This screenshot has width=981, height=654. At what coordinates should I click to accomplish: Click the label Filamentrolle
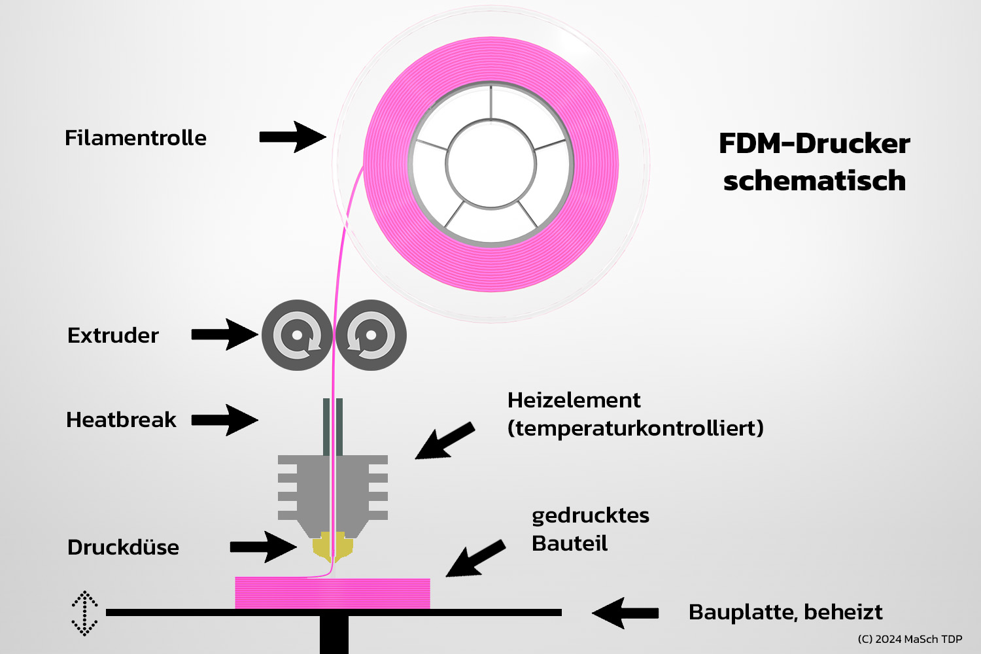tap(135, 138)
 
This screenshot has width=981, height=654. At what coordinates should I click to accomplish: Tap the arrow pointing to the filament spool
tap(292, 137)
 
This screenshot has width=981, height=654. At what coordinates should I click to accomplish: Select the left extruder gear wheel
tap(297, 336)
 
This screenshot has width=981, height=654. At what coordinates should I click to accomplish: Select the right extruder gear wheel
tap(371, 336)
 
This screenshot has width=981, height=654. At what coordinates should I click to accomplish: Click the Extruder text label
tap(112, 336)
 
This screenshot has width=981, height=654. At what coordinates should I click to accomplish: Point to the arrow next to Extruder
tap(224, 335)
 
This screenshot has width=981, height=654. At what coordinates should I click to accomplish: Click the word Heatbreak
tap(121, 420)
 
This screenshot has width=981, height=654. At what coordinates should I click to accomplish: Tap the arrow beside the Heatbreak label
tap(224, 420)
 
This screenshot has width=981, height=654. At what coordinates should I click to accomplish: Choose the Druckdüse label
tap(123, 547)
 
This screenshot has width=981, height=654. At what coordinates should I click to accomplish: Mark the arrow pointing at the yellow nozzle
tap(263, 547)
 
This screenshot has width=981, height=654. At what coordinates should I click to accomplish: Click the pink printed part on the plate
tap(332, 594)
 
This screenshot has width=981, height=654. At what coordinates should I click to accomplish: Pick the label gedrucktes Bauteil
tap(589, 529)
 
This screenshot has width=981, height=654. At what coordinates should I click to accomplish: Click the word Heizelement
tap(574, 400)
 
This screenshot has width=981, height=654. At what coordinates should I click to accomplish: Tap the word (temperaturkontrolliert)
tap(635, 428)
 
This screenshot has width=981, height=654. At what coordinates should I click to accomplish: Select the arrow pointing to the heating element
tap(444, 441)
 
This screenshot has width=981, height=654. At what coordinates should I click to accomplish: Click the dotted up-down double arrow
tap(84, 613)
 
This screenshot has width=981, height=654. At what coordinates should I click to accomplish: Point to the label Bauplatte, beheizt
tap(785, 612)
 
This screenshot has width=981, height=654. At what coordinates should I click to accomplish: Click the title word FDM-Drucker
tap(814, 144)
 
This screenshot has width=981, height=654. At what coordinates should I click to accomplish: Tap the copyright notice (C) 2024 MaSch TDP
tap(910, 639)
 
